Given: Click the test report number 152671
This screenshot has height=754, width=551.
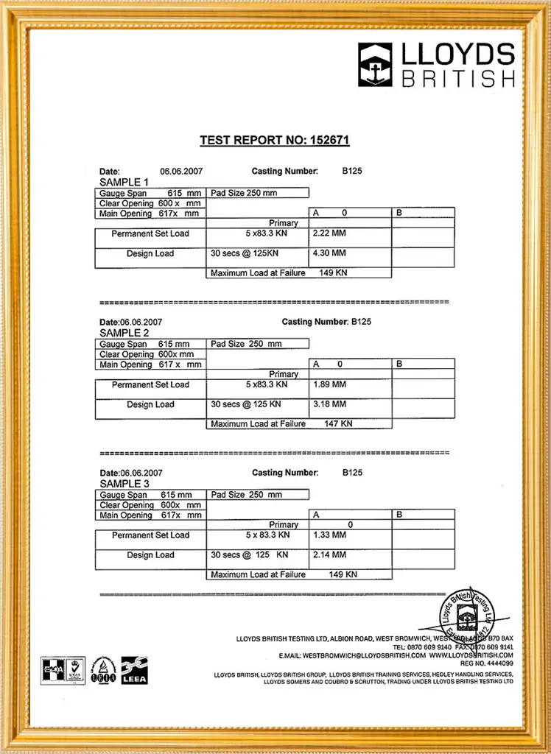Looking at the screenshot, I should coord(331,140).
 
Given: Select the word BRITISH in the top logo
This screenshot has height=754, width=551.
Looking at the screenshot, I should coord(458,78).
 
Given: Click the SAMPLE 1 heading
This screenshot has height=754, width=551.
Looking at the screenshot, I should coord(124,182).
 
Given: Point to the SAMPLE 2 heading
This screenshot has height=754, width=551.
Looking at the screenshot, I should coord(124,333).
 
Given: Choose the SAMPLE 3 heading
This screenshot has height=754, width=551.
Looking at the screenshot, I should coord(124,484).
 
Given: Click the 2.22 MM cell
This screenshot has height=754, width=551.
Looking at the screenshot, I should coord(329,233).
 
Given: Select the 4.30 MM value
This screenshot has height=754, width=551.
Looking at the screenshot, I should coord(329,253).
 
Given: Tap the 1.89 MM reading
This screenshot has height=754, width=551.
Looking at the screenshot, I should coord(329,384).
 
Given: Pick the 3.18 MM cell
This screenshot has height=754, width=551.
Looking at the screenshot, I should coord(329,404).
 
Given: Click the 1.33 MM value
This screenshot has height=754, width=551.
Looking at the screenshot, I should coord(329,535).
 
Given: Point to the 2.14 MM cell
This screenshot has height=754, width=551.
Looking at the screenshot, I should coord(329,555).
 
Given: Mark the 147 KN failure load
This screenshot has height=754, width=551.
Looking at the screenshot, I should coord(339,424).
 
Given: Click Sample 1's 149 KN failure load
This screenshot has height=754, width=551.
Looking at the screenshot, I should coord(333,273).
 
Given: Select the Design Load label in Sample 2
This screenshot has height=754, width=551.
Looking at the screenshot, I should coord(150,404).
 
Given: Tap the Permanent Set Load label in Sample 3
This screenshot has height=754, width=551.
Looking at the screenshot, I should coord(150,535).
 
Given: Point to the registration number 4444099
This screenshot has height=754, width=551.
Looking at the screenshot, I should coord(496,663).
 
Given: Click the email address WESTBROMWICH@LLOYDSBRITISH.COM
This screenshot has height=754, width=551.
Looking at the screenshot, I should coord(364,655).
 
